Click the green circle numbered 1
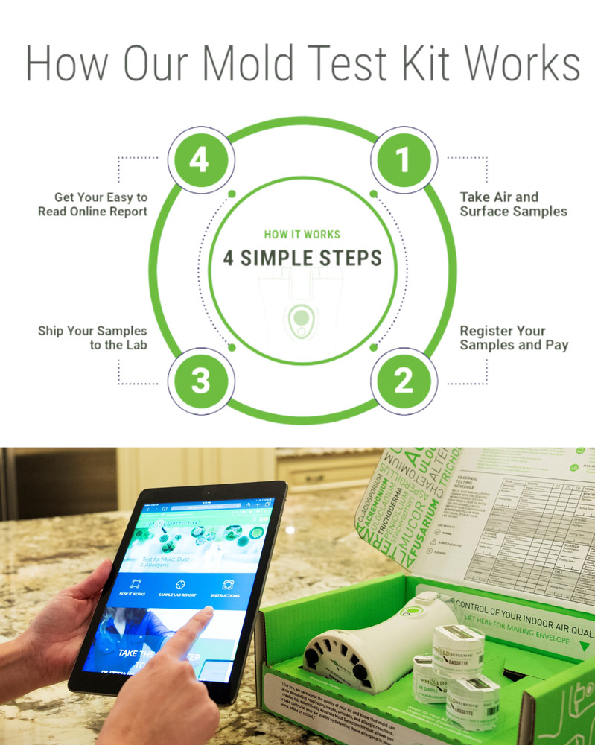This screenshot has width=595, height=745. coord(403,159)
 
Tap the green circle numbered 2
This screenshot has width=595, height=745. coord(403,380)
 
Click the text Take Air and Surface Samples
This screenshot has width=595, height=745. coord(512,204)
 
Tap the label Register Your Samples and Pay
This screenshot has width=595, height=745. coord(513,337)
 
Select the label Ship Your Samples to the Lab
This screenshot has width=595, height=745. coord(93,337)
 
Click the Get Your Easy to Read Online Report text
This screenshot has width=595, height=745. coord(93,204)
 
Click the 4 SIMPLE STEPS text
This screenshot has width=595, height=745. coord(302,259)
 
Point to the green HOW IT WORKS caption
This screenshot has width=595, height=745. coord(302,233)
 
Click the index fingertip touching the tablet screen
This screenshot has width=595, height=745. coord(206,613)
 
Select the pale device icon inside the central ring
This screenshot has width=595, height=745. coord(301,321)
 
